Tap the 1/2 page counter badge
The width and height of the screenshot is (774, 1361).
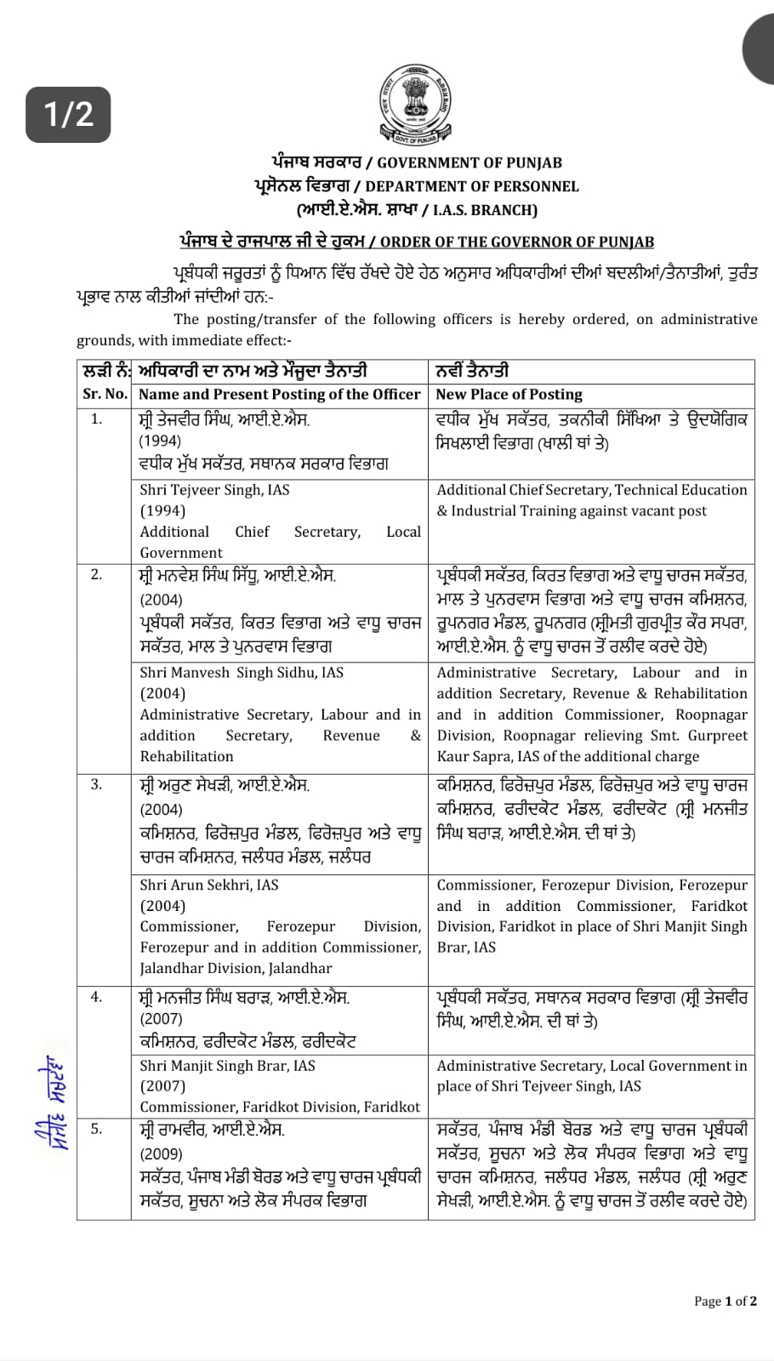(68, 114)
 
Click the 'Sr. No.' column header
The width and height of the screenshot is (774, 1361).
(105, 394)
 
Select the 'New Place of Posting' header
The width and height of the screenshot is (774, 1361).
(509, 394)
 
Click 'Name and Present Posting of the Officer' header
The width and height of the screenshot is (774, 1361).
(279, 394)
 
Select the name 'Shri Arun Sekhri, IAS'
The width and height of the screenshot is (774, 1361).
(209, 885)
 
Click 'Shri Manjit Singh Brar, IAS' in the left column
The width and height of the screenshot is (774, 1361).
(227, 1065)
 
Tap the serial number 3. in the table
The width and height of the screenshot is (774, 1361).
(96, 784)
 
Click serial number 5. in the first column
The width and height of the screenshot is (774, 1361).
(96, 1129)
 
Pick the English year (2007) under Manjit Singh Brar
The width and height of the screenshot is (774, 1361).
(162, 1085)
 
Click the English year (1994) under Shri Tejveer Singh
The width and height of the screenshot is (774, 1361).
(162, 510)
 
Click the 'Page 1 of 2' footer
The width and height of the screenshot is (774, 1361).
(725, 1301)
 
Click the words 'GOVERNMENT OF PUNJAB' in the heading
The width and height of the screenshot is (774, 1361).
(470, 162)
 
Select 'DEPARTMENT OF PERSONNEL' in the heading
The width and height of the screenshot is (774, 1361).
(472, 186)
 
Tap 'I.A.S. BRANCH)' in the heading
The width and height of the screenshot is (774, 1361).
(485, 210)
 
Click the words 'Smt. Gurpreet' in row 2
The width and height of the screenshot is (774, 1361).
(702, 736)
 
